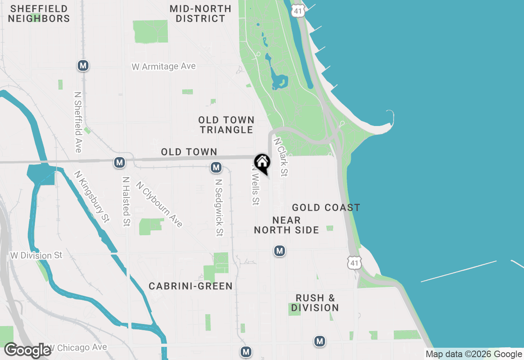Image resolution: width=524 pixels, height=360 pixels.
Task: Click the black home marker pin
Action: pyautogui.click(x=262, y=163)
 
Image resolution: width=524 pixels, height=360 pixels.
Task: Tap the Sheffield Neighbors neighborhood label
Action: pyautogui.click(x=39, y=13)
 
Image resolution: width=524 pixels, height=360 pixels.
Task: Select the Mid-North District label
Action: pyautogui.click(x=201, y=13)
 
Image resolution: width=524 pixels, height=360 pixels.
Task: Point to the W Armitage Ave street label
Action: pyautogui.click(x=164, y=66)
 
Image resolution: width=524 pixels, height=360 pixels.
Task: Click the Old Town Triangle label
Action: pyautogui.click(x=226, y=125)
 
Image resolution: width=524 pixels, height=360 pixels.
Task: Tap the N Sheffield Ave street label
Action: pyautogui.click(x=78, y=122)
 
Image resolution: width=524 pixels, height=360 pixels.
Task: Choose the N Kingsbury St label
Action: pyautogui.click(x=92, y=197)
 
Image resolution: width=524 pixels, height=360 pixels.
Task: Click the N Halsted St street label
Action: pyautogui.click(x=126, y=201)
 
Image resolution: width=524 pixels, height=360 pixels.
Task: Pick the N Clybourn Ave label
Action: pyautogui.click(x=160, y=205)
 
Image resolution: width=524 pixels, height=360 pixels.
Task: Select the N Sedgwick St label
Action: pyautogui.click(x=219, y=208)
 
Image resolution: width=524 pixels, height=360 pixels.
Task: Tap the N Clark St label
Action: pyautogui.click(x=280, y=157)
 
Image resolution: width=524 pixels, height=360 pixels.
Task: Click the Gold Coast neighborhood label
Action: pyautogui.click(x=326, y=208)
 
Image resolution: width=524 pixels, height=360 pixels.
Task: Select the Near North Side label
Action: pyautogui.click(x=287, y=225)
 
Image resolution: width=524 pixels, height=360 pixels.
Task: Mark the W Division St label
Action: pyautogui.click(x=36, y=255)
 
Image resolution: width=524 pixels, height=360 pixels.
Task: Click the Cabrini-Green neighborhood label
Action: pyautogui.click(x=191, y=286)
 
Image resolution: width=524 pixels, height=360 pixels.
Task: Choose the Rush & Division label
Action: pyautogui.click(x=315, y=303)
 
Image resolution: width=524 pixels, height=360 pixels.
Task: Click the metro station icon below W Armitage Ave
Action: pyautogui.click(x=84, y=65)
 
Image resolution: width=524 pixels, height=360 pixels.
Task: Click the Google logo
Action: pyautogui.click(x=28, y=350)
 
